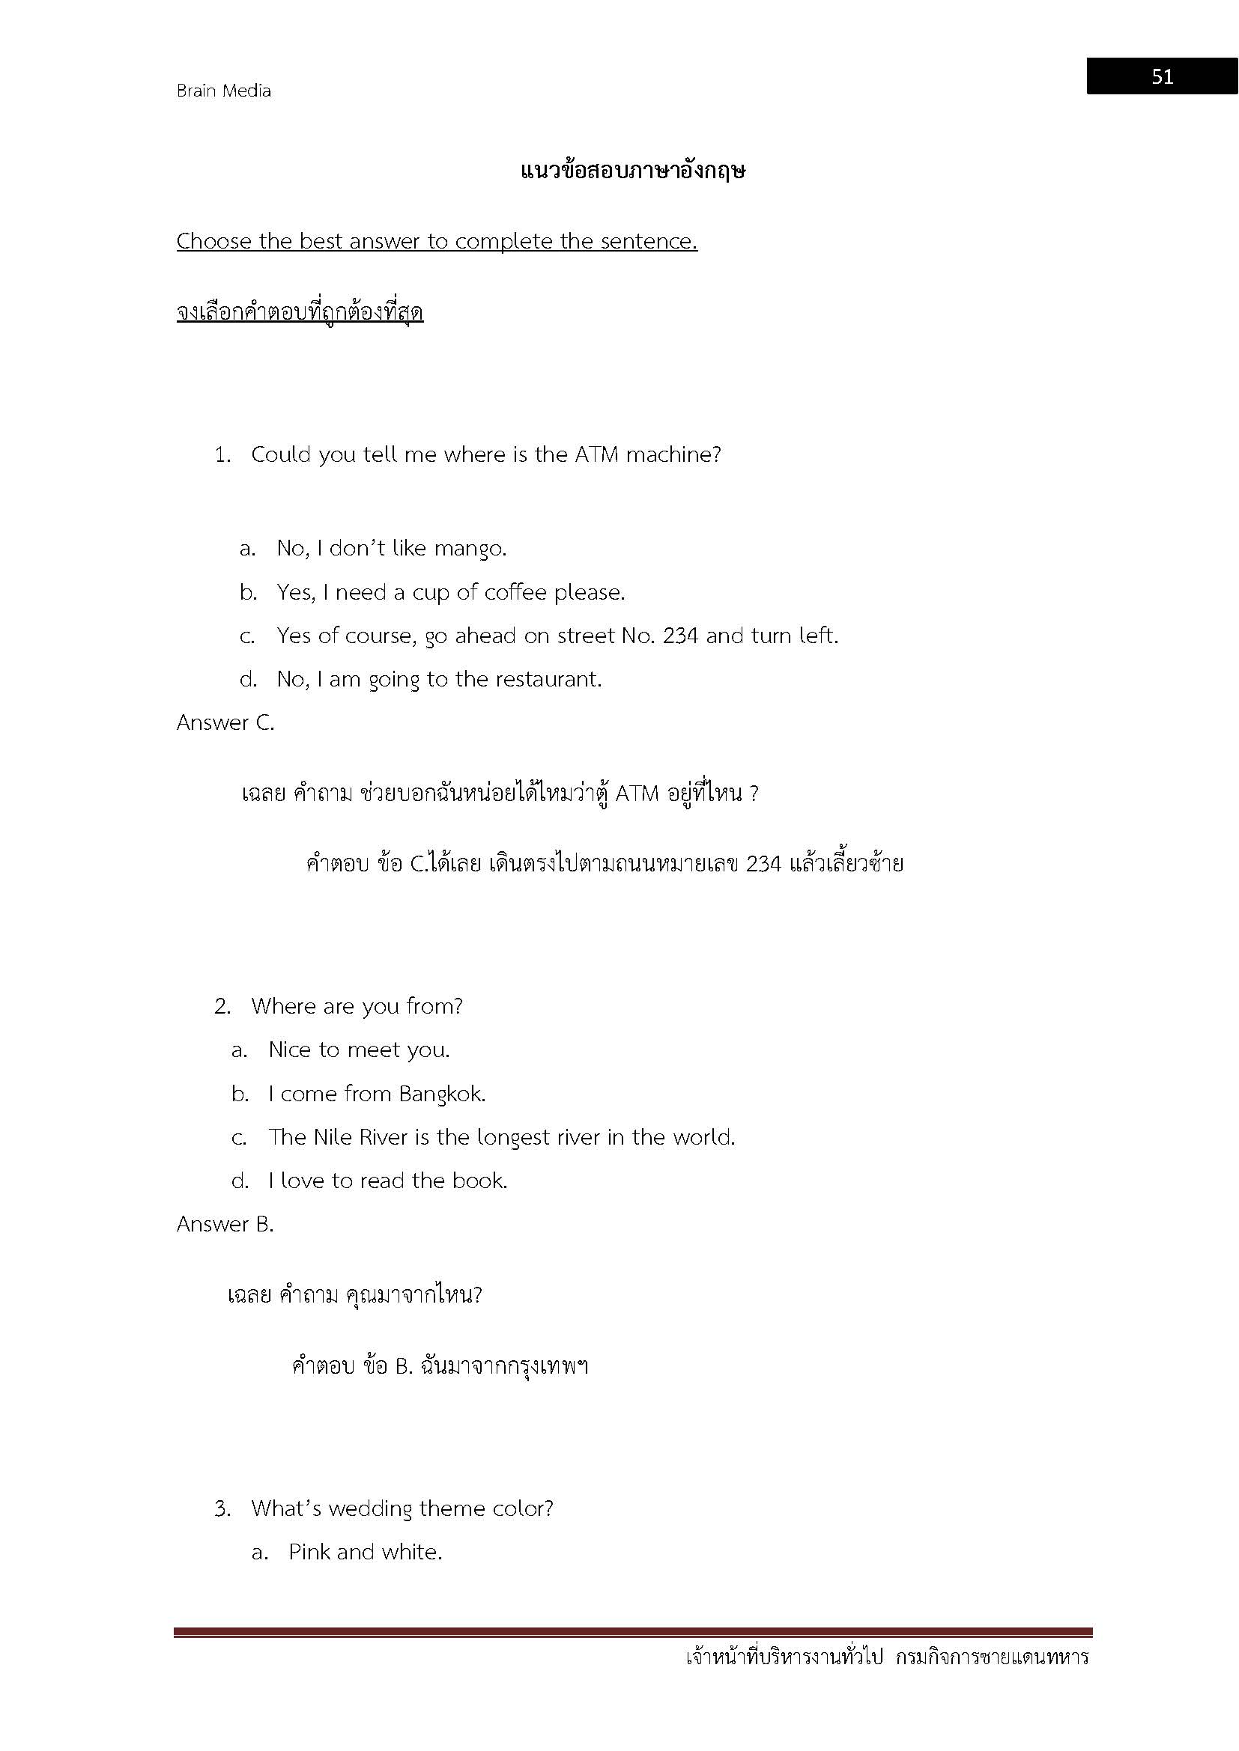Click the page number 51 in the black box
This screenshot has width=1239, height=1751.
(1161, 76)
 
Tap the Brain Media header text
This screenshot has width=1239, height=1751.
(223, 91)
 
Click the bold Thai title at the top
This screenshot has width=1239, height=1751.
(632, 171)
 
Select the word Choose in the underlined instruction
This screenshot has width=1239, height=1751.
(214, 241)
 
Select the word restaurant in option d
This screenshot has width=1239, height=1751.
(548, 680)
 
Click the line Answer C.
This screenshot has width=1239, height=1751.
(225, 722)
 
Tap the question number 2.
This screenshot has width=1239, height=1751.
(222, 1007)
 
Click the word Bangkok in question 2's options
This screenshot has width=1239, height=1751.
(442, 1094)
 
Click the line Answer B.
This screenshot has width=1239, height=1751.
(225, 1225)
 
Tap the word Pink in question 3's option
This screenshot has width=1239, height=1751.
(309, 1552)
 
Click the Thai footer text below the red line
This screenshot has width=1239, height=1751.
(886, 1657)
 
